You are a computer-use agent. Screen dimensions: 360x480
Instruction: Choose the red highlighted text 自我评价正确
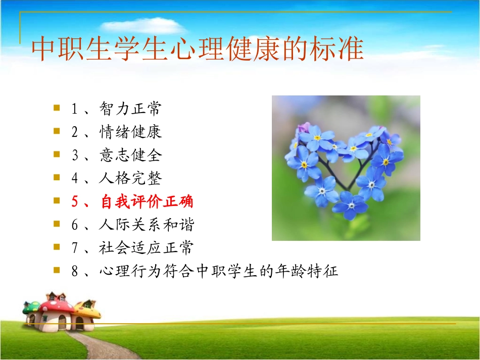147,202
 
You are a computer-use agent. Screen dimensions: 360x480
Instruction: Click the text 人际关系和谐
147,225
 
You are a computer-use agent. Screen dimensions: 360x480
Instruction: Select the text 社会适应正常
147,248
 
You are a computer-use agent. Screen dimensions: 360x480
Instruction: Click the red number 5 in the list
75,202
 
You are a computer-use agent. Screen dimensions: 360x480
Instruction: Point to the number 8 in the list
75,272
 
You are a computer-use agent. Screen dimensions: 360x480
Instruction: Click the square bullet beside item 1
57,108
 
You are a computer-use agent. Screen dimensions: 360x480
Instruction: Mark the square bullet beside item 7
57,247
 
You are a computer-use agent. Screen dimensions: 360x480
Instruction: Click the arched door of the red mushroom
62,323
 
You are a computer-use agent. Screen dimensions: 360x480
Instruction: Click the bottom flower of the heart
350,205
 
